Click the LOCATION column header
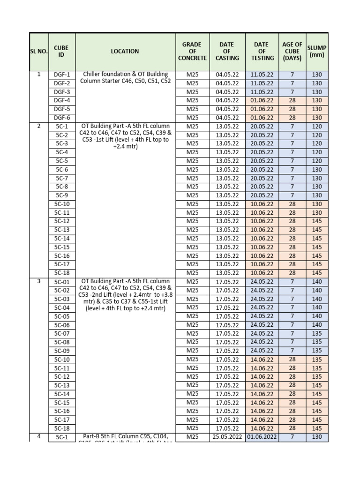125,52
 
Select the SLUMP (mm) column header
317,52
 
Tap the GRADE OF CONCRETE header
192,52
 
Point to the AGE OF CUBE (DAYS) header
292,52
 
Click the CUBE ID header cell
61,52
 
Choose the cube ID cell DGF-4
61,100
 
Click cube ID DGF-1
61,75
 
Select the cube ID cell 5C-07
61,334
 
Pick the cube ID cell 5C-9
61,195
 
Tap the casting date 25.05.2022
227,437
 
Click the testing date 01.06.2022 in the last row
262,437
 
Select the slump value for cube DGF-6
317,118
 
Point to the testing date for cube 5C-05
262,316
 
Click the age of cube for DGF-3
292,92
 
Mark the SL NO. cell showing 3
39,281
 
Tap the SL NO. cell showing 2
39,126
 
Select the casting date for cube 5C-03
227,299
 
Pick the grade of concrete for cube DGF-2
192,83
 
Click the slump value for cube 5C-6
317,170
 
